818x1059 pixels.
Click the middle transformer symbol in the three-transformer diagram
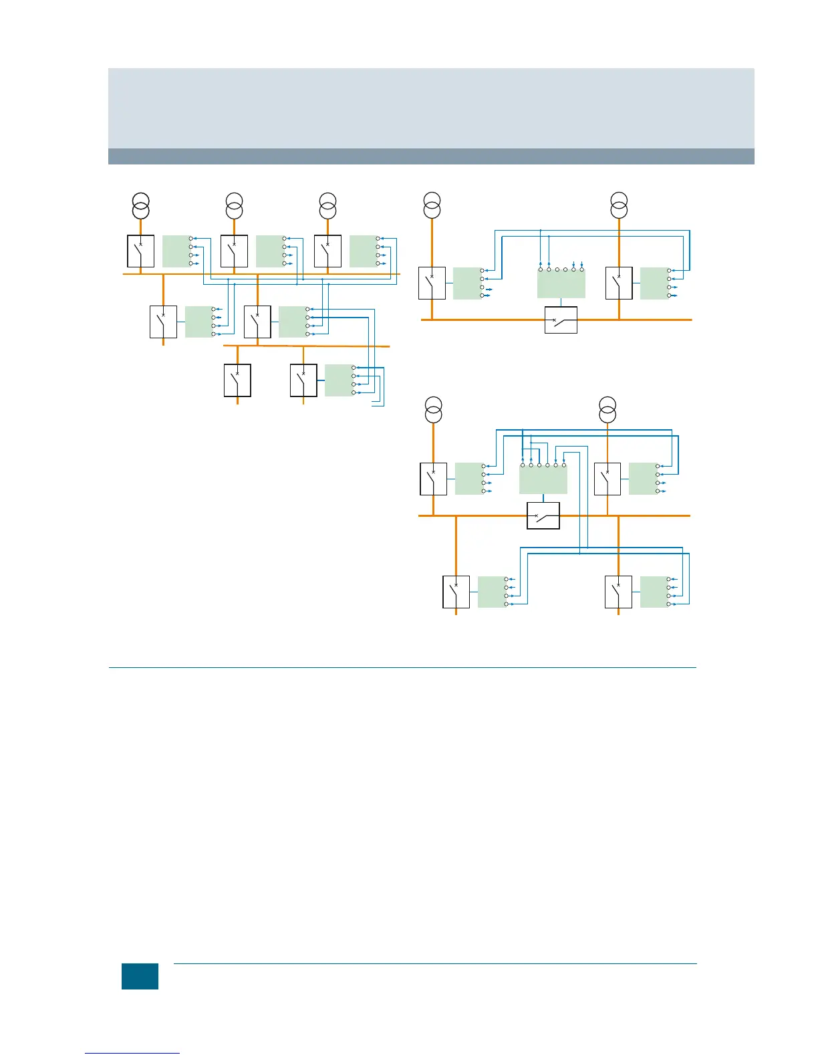234,205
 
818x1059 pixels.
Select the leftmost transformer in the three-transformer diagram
140,205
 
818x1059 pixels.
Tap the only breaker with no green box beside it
237,380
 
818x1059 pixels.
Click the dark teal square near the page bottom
140,976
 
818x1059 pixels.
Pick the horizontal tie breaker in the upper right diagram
561,320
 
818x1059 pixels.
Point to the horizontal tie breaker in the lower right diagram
543,516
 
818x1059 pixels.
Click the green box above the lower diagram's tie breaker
543,479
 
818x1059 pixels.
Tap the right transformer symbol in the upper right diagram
619,205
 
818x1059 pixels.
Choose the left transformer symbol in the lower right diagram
434,410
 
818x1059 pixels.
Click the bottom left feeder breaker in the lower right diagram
456,592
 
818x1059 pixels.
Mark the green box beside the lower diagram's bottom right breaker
654,592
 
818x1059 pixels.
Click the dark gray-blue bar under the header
431,156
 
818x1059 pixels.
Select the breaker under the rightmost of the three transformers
327,251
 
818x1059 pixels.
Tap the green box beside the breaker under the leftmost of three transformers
176,251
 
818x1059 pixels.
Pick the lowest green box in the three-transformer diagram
339,380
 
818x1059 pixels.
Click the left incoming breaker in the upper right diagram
432,283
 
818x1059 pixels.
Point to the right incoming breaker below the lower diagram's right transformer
607,479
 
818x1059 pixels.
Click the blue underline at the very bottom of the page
132,1053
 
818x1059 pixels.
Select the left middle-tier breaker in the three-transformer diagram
163,322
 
